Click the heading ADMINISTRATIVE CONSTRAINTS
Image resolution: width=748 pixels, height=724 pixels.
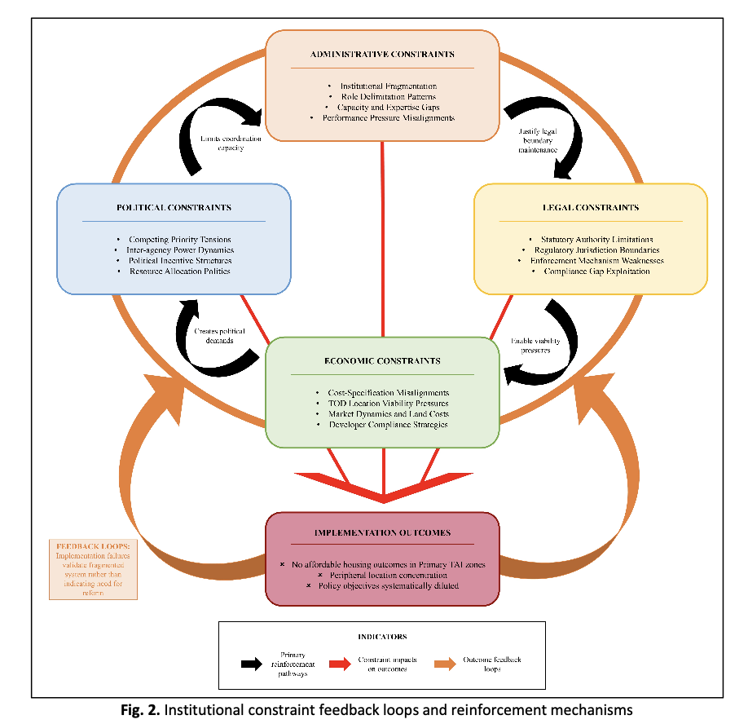[382, 55]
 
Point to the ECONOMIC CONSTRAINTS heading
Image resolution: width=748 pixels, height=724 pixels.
[382, 360]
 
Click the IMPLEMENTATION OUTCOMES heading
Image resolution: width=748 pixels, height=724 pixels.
[382, 533]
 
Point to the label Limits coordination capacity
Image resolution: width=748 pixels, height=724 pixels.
[231, 143]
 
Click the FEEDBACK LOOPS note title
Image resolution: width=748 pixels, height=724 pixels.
[81, 545]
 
